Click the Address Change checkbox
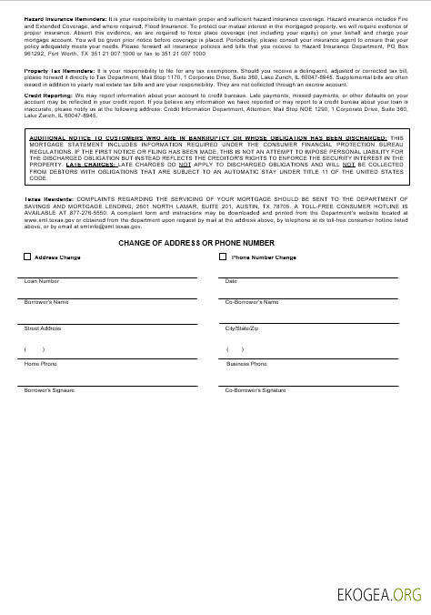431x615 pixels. [x=27, y=257]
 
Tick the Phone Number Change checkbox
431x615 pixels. [x=224, y=257]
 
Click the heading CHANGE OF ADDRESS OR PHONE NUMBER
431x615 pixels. [x=195, y=244]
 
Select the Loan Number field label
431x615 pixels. [x=42, y=281]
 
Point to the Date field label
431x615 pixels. [x=231, y=281]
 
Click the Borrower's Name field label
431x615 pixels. [x=46, y=301]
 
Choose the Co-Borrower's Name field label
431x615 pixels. [x=252, y=301]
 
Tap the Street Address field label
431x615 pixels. [x=43, y=328]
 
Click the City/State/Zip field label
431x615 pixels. [x=243, y=328]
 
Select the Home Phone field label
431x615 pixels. [x=40, y=364]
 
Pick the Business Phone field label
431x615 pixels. [x=246, y=364]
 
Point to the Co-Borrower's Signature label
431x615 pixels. [x=256, y=389]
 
